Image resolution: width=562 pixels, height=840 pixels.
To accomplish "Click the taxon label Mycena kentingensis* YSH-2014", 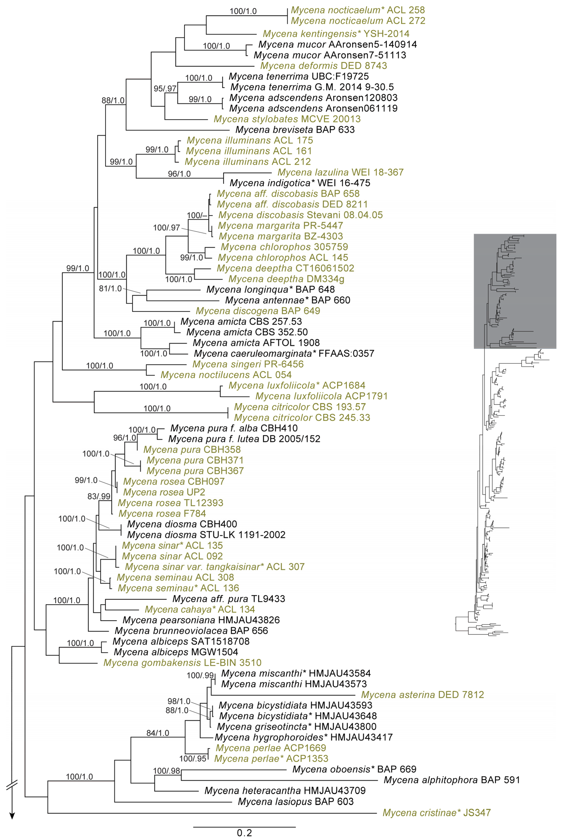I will pyautogui.click(x=336, y=34).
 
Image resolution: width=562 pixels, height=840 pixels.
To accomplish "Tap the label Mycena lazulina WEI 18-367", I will pyautogui.click(x=340, y=172).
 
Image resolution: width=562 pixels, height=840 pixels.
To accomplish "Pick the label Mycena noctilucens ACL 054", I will pyautogui.click(x=226, y=375).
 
